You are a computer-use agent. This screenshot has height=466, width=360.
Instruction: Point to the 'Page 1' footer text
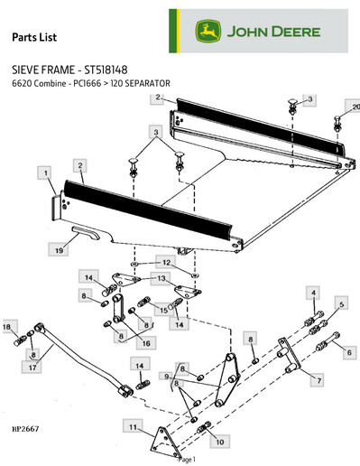pyautogui.click(x=186, y=460)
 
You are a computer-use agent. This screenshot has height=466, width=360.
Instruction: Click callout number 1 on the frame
pyautogui.click(x=42, y=171)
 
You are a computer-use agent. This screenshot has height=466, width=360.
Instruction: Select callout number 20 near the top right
pyautogui.click(x=355, y=107)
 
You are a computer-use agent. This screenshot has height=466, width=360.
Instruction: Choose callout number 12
pyautogui.click(x=165, y=262)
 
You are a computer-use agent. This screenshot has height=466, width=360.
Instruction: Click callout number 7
pyautogui.click(x=316, y=381)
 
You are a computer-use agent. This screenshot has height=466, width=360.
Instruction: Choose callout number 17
pyautogui.click(x=33, y=368)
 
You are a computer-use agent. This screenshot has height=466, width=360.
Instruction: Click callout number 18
pyautogui.click(x=7, y=326)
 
